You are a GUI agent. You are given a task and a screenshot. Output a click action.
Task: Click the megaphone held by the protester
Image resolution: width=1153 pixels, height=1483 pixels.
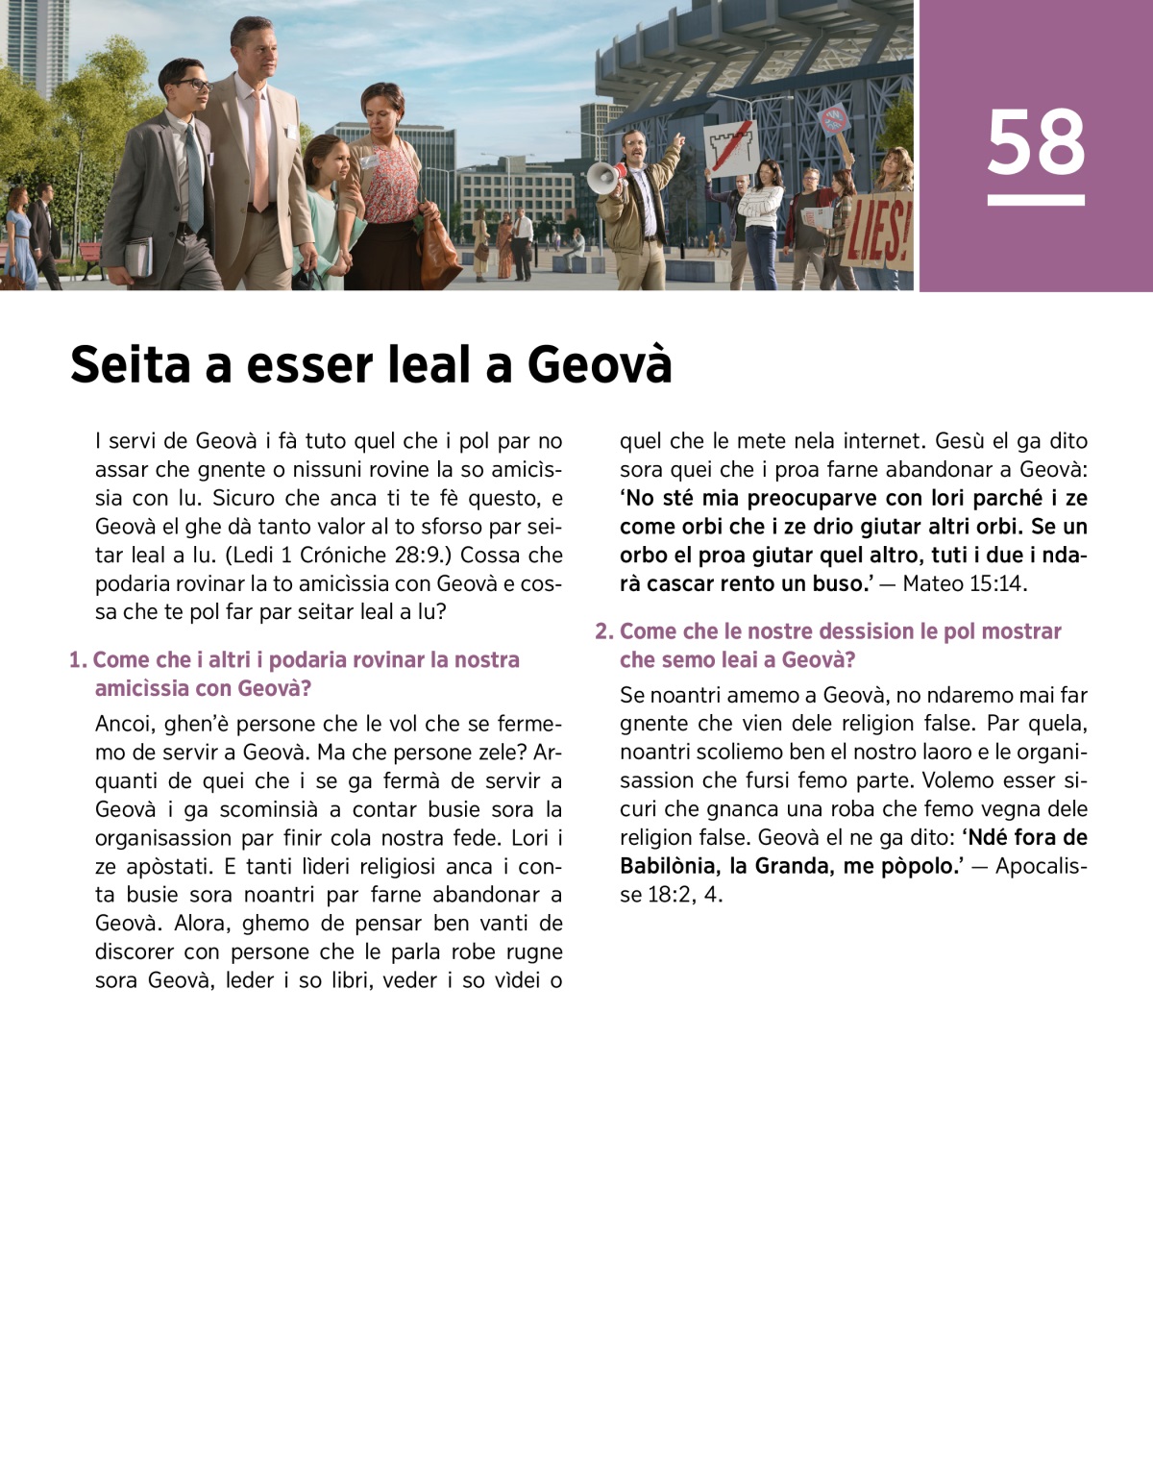(x=604, y=177)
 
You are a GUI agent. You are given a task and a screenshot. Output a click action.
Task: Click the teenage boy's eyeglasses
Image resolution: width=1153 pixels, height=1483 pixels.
(x=191, y=86)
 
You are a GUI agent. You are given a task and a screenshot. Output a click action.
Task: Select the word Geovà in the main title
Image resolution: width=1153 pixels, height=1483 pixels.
(x=600, y=365)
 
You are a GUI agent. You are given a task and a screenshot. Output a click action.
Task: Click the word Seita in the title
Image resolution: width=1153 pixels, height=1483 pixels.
(x=130, y=365)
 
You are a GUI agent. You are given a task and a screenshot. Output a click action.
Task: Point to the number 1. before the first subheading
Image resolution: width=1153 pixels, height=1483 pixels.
(x=78, y=660)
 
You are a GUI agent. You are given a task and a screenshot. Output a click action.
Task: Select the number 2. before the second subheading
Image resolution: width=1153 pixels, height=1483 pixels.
(x=603, y=631)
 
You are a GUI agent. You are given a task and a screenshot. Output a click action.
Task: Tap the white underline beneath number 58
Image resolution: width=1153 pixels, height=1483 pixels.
(x=1036, y=200)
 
